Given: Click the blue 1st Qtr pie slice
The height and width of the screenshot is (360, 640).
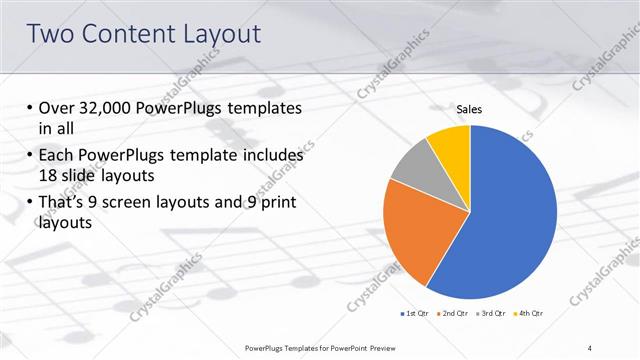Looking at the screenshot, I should point(510,215).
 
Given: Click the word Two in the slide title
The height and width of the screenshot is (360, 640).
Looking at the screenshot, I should point(55,34).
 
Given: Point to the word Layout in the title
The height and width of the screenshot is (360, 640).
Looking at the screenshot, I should point(217,34).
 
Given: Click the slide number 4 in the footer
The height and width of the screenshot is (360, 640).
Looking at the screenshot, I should point(590,347).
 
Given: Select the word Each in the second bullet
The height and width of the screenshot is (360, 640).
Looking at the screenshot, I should point(57,156).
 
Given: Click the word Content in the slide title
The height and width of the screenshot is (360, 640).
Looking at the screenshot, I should point(129,34).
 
